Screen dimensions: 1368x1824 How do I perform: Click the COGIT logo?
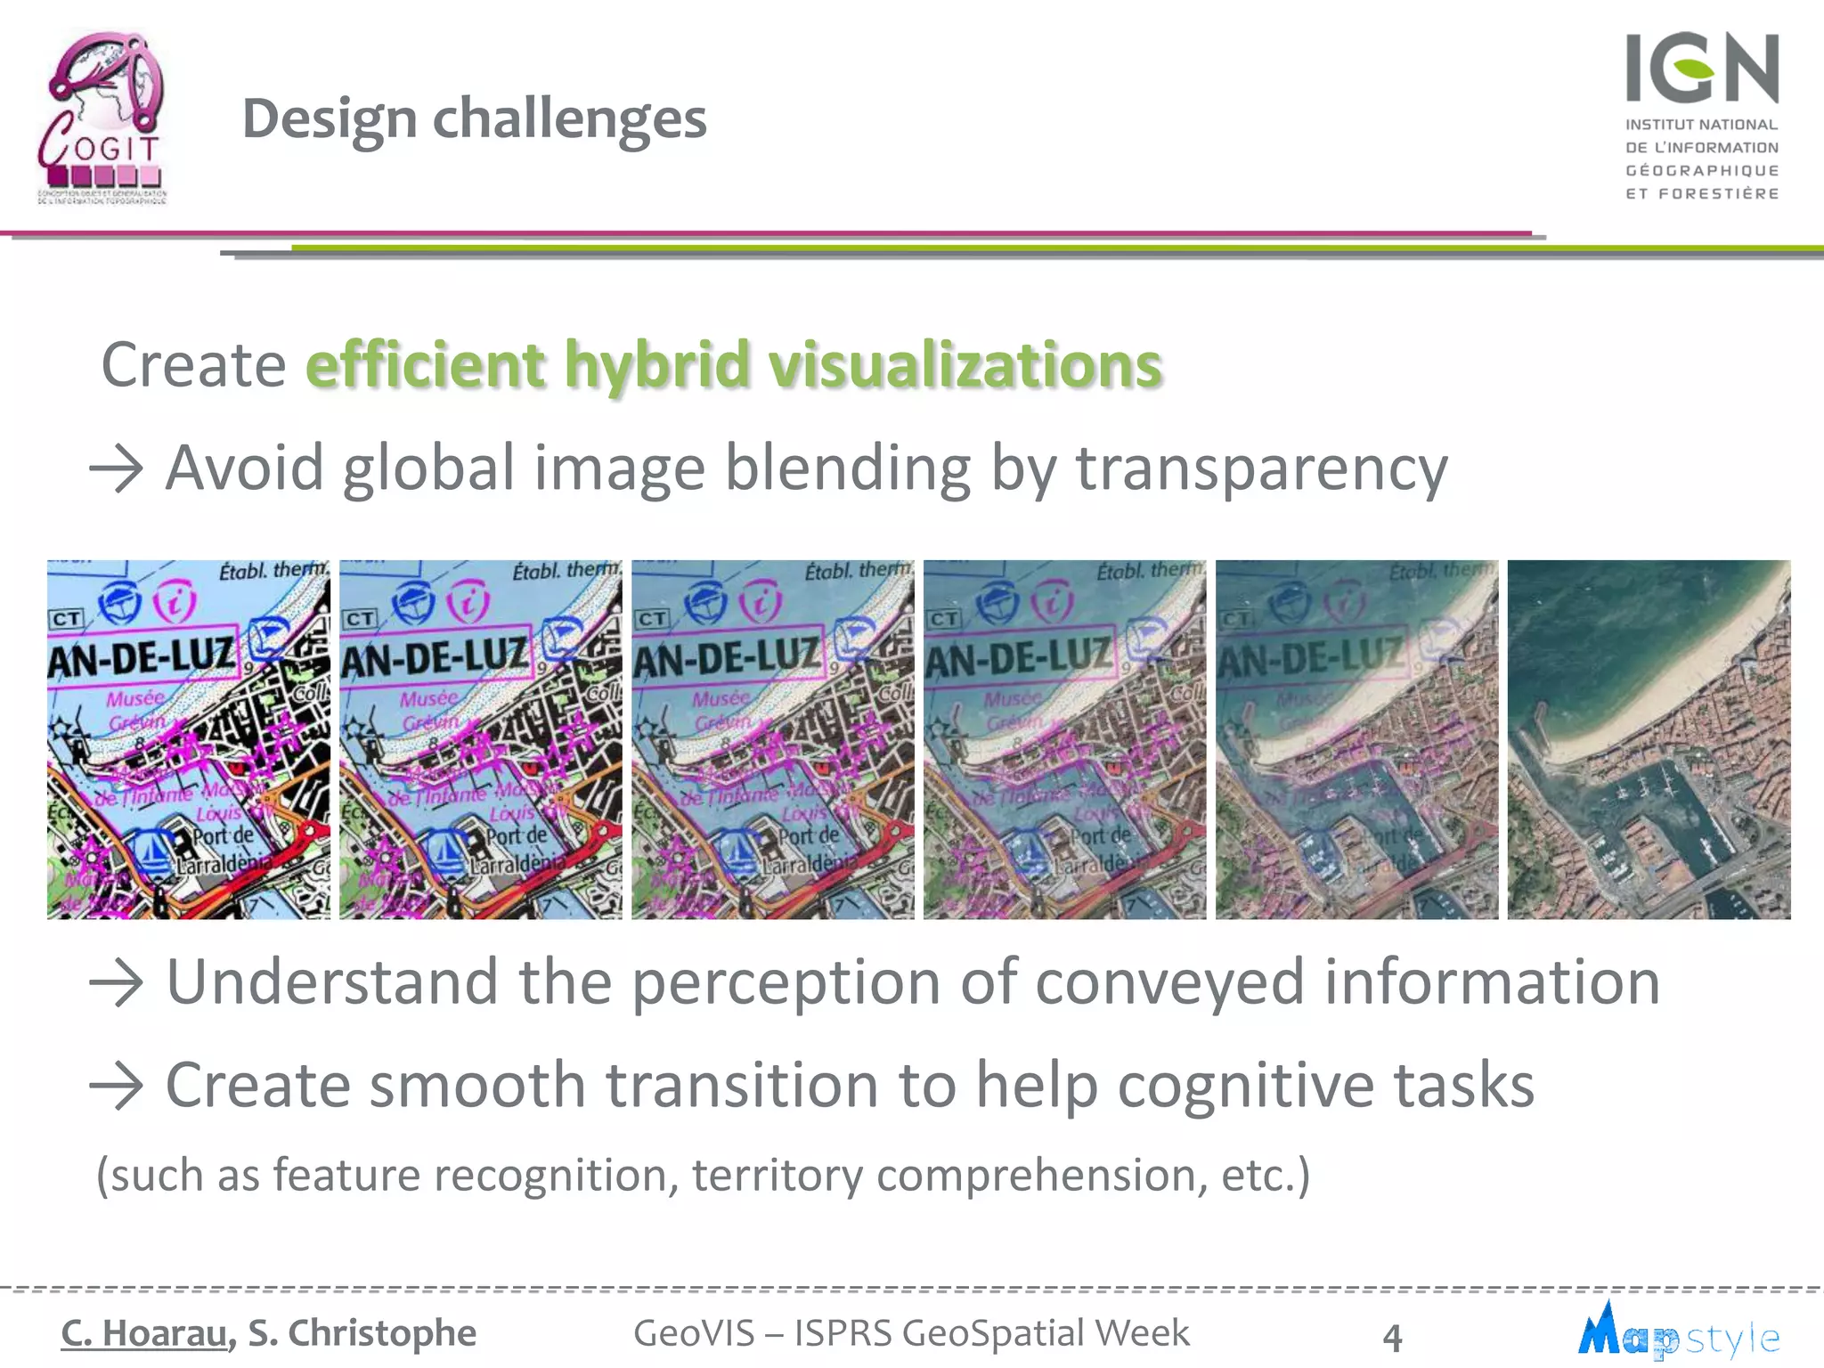click(x=102, y=116)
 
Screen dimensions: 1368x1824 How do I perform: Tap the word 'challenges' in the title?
click(x=569, y=118)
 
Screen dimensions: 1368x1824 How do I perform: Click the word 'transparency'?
click(x=1261, y=469)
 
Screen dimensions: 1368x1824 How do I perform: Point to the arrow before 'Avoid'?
click(x=117, y=469)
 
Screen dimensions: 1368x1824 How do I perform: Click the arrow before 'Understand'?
click(x=117, y=983)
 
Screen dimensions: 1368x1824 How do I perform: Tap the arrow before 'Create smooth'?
click(x=117, y=1087)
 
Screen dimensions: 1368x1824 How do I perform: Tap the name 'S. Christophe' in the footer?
click(x=362, y=1333)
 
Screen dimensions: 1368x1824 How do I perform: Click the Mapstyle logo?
click(x=1678, y=1332)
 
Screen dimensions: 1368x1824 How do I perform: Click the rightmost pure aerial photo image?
click(x=1649, y=739)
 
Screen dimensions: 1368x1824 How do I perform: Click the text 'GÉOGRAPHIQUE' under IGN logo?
click(x=1701, y=170)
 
